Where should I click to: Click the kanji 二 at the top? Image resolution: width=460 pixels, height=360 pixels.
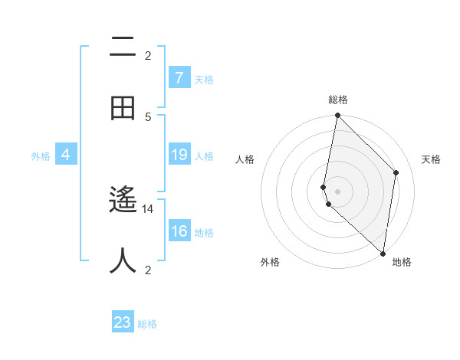click(123, 46)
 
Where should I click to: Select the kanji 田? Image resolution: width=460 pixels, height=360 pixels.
click(123, 108)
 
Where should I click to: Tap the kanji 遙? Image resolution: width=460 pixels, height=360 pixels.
click(123, 201)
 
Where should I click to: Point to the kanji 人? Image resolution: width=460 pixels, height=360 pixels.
click(123, 260)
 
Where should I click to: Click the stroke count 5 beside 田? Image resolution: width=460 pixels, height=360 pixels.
click(148, 116)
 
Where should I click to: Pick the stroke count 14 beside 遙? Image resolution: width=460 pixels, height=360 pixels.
click(148, 208)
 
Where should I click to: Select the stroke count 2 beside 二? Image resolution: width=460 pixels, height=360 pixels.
click(148, 55)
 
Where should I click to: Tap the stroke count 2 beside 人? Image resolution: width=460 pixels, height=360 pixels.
click(148, 270)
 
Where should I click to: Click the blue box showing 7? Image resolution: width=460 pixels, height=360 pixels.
click(179, 78)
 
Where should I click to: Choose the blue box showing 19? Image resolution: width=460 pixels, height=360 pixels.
click(179, 155)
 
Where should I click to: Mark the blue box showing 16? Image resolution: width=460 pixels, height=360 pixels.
click(179, 231)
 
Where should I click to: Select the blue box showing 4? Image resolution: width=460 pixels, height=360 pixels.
click(65, 155)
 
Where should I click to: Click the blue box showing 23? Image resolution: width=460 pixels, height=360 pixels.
click(123, 322)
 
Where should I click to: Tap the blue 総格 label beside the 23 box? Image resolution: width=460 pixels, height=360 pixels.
click(147, 324)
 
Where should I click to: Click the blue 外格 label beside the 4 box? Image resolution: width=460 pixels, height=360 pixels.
click(41, 156)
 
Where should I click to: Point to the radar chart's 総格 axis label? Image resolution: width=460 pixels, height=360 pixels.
click(337, 100)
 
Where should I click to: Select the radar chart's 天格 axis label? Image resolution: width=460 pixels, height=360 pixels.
click(431, 159)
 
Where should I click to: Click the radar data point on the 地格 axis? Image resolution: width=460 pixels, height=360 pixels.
click(383, 253)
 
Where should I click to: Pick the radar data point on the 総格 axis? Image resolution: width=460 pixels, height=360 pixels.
click(337, 115)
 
